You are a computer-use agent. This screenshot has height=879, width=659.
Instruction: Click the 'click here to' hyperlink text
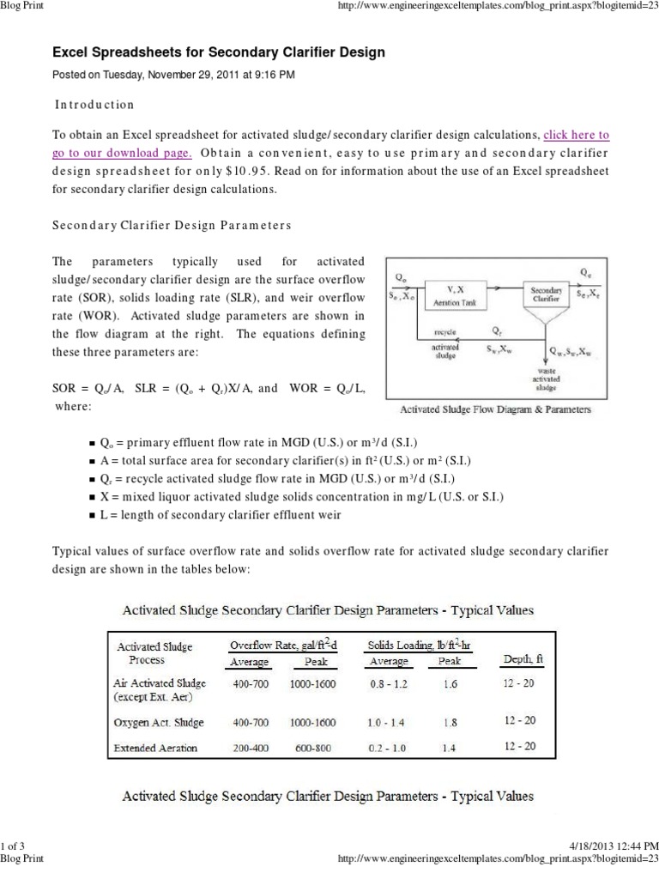(576, 135)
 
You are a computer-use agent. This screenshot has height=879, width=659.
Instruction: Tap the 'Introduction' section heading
(95, 104)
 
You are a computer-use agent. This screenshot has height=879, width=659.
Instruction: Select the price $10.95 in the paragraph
(315, 170)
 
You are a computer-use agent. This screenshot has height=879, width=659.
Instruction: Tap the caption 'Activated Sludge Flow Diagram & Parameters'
(489, 410)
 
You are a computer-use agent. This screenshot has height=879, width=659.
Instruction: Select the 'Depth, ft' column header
(519, 660)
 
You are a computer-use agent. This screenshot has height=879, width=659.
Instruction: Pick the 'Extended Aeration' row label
(155, 748)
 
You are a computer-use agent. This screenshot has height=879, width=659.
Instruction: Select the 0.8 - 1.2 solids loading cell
(388, 683)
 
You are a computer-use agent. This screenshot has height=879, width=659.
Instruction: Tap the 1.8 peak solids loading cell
(449, 722)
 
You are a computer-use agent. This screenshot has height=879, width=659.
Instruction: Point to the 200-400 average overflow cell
(251, 748)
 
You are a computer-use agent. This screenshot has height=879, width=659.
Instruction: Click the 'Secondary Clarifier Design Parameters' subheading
(172, 225)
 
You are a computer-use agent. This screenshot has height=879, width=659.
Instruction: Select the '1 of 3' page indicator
(13, 846)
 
